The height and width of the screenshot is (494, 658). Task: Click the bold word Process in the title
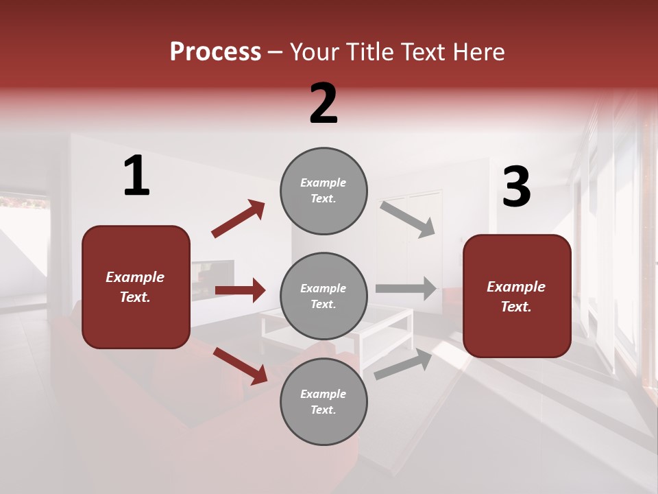[x=215, y=52]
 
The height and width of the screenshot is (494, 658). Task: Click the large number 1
[x=136, y=176]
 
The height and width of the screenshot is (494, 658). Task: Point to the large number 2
[x=324, y=104]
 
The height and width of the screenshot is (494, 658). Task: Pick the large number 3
[x=516, y=187]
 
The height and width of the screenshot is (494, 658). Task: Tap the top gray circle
[x=324, y=191]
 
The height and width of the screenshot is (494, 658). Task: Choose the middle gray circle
[x=324, y=296]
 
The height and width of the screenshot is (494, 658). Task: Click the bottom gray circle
[x=324, y=401]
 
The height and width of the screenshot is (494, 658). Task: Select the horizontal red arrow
[x=240, y=290]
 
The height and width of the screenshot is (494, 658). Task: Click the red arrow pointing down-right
[x=240, y=365]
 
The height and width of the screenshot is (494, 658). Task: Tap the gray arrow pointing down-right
[x=407, y=219]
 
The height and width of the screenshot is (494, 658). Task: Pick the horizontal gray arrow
[x=406, y=289]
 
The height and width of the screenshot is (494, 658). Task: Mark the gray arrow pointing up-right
[x=403, y=364]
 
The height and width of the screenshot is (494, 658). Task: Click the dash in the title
[x=276, y=52]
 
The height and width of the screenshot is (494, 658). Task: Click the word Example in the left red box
[x=135, y=277]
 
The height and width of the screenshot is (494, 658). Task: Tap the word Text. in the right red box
[x=516, y=307]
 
